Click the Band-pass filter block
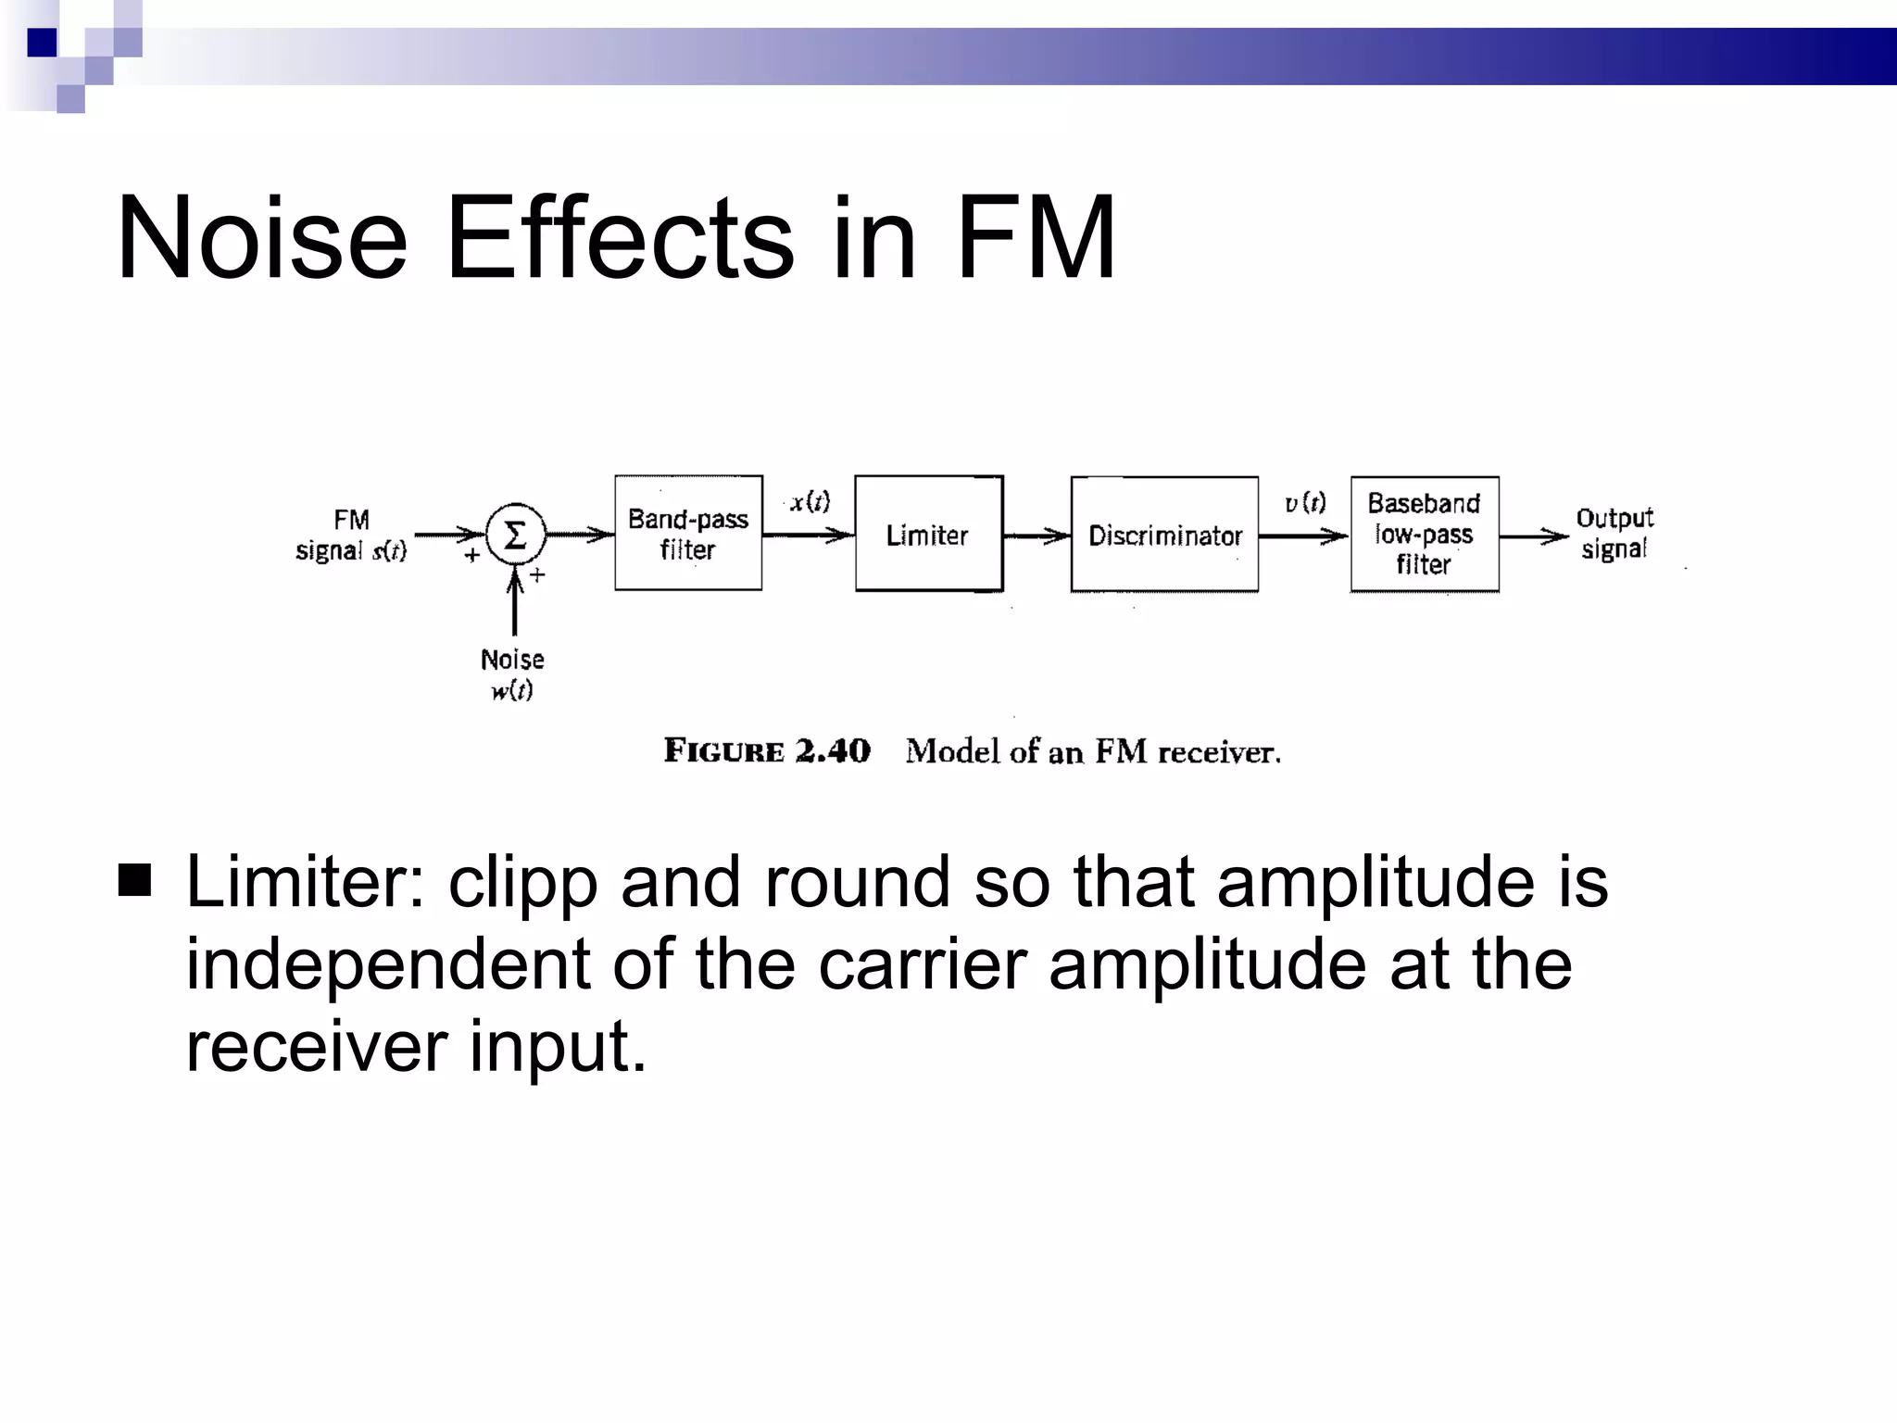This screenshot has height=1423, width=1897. [688, 534]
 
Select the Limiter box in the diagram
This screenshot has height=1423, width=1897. [928, 535]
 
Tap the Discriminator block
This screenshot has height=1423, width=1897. [1164, 535]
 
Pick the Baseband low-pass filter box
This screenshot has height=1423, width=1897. [1424, 535]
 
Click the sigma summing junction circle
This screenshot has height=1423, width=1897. [515, 535]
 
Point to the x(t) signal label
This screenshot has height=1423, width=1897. [810, 502]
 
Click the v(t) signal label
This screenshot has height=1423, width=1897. [1304, 503]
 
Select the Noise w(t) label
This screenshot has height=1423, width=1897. [512, 674]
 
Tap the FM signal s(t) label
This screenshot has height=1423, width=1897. [351, 535]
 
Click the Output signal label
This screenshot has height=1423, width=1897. [1614, 534]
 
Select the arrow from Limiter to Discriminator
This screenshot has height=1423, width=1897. [1036, 535]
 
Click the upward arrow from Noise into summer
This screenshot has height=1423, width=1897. [515, 603]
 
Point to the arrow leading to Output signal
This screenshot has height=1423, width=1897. [1534, 536]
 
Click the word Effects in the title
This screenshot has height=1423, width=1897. [619, 238]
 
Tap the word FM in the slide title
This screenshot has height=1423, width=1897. [1035, 238]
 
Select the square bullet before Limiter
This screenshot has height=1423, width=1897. [135, 881]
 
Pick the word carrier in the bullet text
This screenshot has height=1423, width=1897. [922, 965]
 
